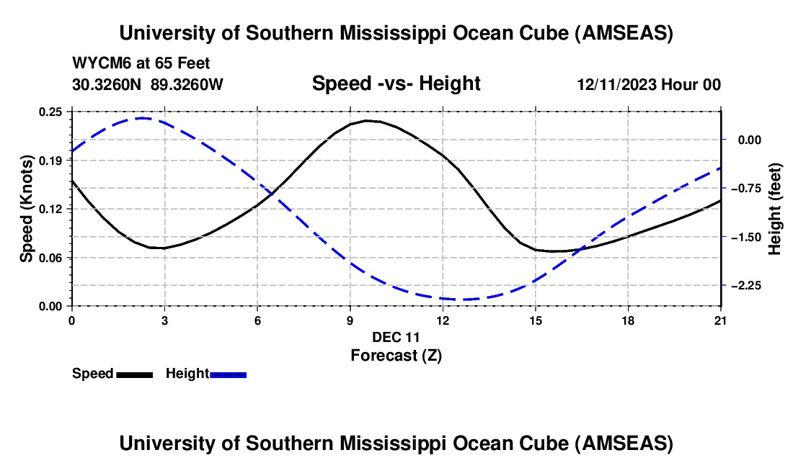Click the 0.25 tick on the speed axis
[51, 112]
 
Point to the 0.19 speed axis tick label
[51, 160]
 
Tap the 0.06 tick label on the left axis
[51, 258]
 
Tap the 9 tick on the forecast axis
[350, 320]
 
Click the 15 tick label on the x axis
[536, 320]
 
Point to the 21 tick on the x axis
[721, 320]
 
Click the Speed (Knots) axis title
[26, 209]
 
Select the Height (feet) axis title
[775, 209]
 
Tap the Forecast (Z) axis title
[396, 355]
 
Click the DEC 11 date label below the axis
[396, 337]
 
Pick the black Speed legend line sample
[134, 374]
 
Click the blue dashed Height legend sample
[229, 374]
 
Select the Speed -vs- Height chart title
[396, 84]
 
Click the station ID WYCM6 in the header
[97, 64]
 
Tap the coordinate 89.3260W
[187, 84]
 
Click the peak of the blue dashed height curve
[142, 118]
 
